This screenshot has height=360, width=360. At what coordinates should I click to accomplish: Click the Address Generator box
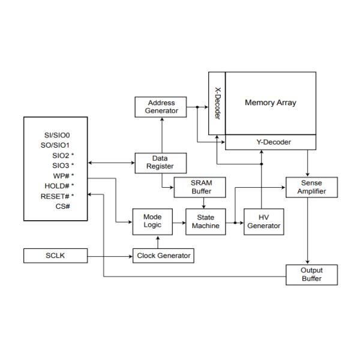click(x=161, y=107)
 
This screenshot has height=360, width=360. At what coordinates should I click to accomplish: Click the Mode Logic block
click(x=152, y=221)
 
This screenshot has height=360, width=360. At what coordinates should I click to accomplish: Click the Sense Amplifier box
click(x=311, y=187)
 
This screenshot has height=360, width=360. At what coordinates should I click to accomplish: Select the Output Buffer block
click(x=311, y=274)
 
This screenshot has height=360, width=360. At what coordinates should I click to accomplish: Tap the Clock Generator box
click(x=163, y=256)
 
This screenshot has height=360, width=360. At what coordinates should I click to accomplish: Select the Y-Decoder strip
click(x=271, y=142)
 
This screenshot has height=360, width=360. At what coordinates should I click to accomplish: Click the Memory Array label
click(x=271, y=102)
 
